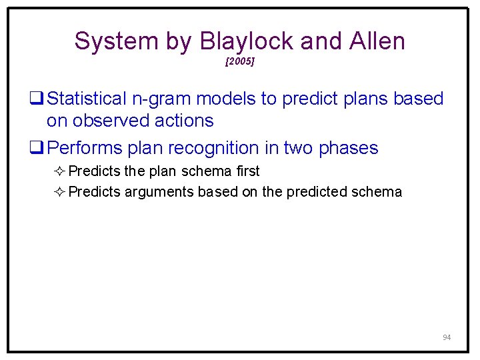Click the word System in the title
pos(116,41)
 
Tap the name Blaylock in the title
pos(247,41)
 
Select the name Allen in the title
pos(377,41)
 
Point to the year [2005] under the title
pos(240,61)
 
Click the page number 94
pos(447,337)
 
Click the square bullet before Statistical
pos(37,98)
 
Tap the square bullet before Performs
pos(37,147)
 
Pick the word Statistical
pos(87,99)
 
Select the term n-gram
pos(161,100)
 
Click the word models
pos(226,99)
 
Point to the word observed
pos(111,120)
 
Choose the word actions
pos(184,121)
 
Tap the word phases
pos(349,149)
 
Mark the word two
pos(298,148)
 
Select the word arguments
pos(159,193)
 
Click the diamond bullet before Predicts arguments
pos(59,192)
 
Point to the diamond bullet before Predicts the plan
pos(59,171)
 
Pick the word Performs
pos(85,148)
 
